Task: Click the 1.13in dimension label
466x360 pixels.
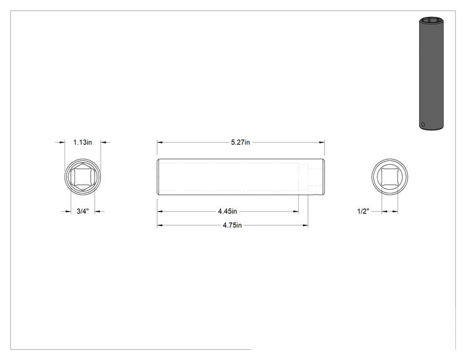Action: (x=83, y=142)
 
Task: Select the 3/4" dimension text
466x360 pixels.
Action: (x=83, y=211)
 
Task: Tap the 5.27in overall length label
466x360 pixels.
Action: (x=241, y=142)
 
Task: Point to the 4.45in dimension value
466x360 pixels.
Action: (x=227, y=211)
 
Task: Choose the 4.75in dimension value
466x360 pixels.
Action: (x=232, y=225)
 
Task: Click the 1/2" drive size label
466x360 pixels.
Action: (x=363, y=211)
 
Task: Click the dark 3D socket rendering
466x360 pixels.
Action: (x=431, y=74)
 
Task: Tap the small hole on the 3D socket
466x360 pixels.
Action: (x=423, y=125)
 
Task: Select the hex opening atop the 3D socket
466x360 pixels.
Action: (x=431, y=21)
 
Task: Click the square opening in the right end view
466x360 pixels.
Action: (x=390, y=177)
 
